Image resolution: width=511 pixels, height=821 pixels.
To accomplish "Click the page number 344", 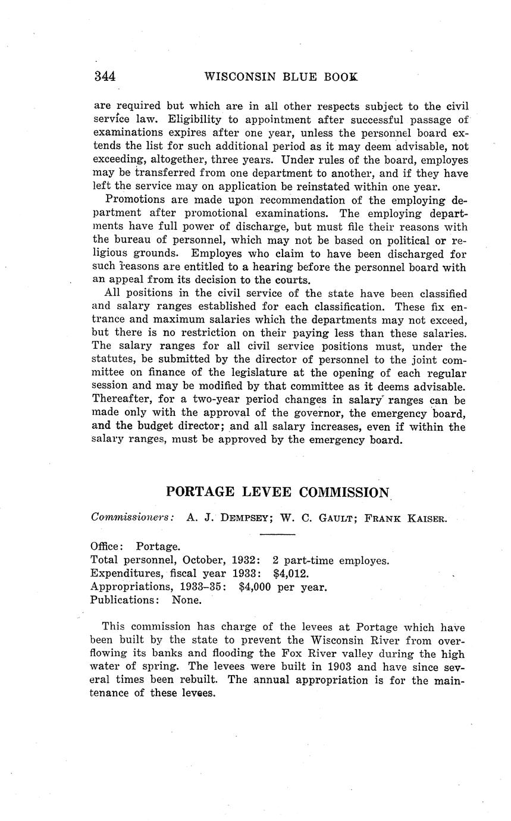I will click(x=105, y=76).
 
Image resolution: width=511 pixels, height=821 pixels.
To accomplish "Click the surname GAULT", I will click(x=329, y=518).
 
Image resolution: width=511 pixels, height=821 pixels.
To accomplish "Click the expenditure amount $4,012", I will click(x=290, y=574).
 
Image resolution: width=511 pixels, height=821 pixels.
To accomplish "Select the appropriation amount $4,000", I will click(x=256, y=587).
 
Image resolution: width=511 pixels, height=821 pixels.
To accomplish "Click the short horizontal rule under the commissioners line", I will click(x=277, y=534).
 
